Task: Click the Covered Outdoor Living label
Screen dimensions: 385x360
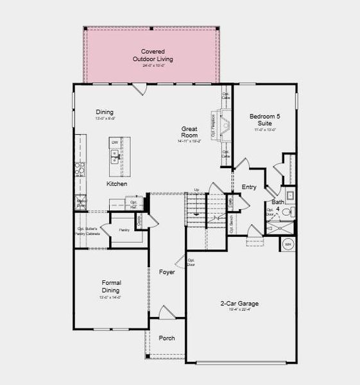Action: coord(153,56)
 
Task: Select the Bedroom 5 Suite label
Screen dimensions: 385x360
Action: coord(265,120)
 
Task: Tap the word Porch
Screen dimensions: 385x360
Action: coord(166,338)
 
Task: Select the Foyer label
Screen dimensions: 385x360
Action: coord(167,272)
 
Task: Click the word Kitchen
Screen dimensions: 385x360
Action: coord(116,184)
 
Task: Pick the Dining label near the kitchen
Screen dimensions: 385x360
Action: coord(105,112)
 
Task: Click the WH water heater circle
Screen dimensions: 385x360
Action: coord(288,244)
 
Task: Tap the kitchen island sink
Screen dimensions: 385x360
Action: coord(116,155)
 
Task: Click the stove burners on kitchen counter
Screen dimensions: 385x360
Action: coord(80,169)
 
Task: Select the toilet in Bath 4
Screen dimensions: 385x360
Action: coord(287,212)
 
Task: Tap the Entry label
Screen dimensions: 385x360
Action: coord(249,187)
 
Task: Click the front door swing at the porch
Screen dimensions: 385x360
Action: coord(166,313)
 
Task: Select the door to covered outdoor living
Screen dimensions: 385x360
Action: coord(141,90)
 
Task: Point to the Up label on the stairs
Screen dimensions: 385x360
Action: coord(196,190)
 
